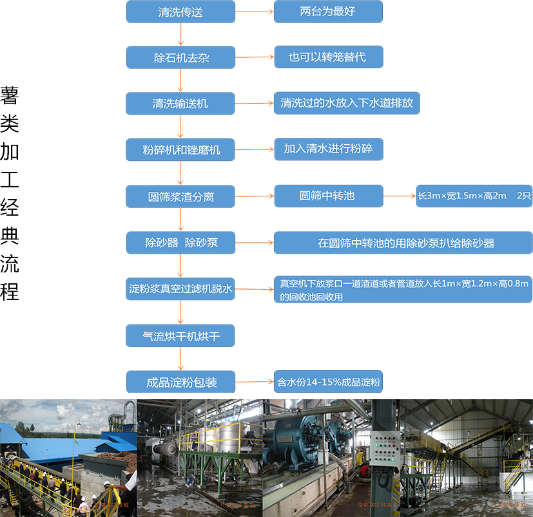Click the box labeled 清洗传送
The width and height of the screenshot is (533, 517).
coord(180,12)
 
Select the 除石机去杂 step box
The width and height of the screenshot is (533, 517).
coord(180,57)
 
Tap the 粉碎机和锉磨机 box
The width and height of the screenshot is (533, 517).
coord(180,149)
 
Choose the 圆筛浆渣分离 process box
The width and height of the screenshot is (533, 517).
coord(180,196)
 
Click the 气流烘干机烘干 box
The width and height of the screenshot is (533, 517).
coord(180,335)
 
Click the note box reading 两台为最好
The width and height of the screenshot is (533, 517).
coord(328,12)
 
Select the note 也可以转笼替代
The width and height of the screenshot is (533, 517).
coord(328,57)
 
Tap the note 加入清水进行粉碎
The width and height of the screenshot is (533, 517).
coord(328,149)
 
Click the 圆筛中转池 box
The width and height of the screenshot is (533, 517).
coord(328,196)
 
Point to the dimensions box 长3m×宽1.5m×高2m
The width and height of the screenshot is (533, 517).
coord(474,196)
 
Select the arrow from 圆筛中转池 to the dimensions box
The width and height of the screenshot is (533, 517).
coord(400,196)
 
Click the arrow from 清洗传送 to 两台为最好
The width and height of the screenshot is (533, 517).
coord(255,12)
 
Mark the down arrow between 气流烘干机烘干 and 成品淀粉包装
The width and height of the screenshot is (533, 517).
coord(180,359)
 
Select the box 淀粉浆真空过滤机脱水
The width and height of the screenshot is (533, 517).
coord(180,290)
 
